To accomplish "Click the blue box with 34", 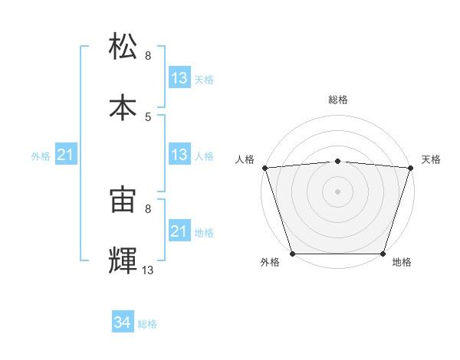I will [123, 323].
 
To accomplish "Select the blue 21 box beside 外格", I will [66, 155].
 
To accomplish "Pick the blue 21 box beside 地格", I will [179, 232].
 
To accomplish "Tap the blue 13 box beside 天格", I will [179, 78].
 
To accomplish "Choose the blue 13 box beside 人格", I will [179, 155].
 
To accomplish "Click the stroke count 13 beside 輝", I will [148, 270].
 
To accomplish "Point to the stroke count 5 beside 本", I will [148, 116].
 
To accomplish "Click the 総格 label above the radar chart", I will [338, 100].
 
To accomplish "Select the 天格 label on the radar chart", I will [432, 159].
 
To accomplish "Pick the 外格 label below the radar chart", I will [270, 263].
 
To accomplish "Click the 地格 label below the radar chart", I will [402, 263].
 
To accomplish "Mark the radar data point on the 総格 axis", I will [338, 161].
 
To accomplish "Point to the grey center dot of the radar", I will [338, 191].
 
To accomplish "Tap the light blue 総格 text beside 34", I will [147, 324].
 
